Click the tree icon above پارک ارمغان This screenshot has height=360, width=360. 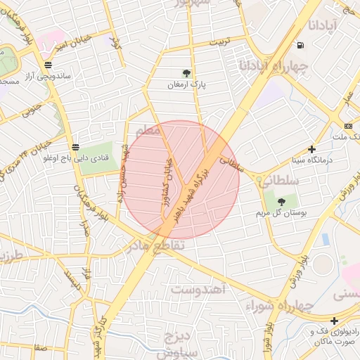click(186, 73)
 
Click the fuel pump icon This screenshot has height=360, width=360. click(301, 46)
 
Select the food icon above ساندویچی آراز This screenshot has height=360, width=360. click(48, 65)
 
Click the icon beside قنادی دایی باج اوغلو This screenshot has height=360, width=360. click(75, 147)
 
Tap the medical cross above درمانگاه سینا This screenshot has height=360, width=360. click(311, 149)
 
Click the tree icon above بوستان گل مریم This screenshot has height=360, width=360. click(281, 202)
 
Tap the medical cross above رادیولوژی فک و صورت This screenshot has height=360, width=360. click(334, 321)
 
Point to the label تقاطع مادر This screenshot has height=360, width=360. click(156, 246)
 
